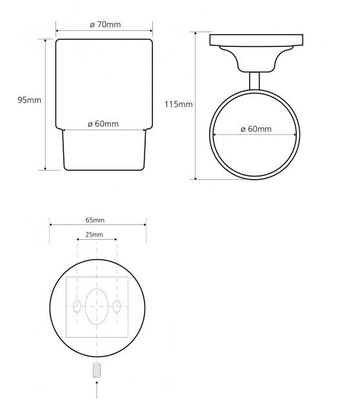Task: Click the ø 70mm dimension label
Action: (105, 24)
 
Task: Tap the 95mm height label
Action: (29, 101)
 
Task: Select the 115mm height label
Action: (179, 104)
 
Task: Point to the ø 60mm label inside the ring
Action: (256, 130)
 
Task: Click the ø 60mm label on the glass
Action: (103, 124)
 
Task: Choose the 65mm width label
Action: (95, 220)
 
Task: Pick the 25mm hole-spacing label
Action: (94, 235)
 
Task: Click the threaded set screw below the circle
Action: (97, 370)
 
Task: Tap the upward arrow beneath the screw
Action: (97, 389)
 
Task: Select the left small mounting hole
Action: (77, 306)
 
